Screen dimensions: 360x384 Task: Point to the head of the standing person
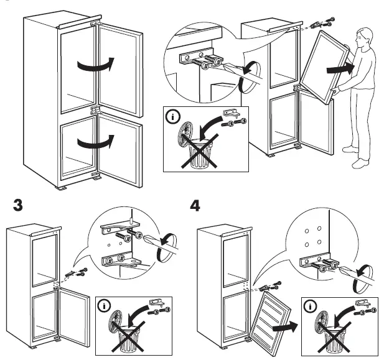click(x=362, y=40)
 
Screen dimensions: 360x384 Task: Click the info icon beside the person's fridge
click(x=171, y=115)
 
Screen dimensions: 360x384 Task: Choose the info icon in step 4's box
click(x=309, y=306)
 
